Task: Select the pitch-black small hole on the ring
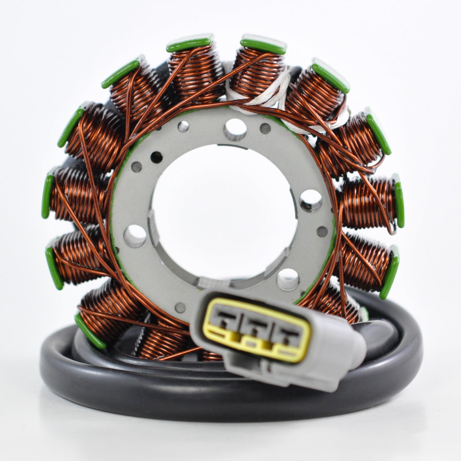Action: pyautogui.click(x=155, y=156)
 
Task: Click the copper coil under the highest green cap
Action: pyautogui.click(x=255, y=70)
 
